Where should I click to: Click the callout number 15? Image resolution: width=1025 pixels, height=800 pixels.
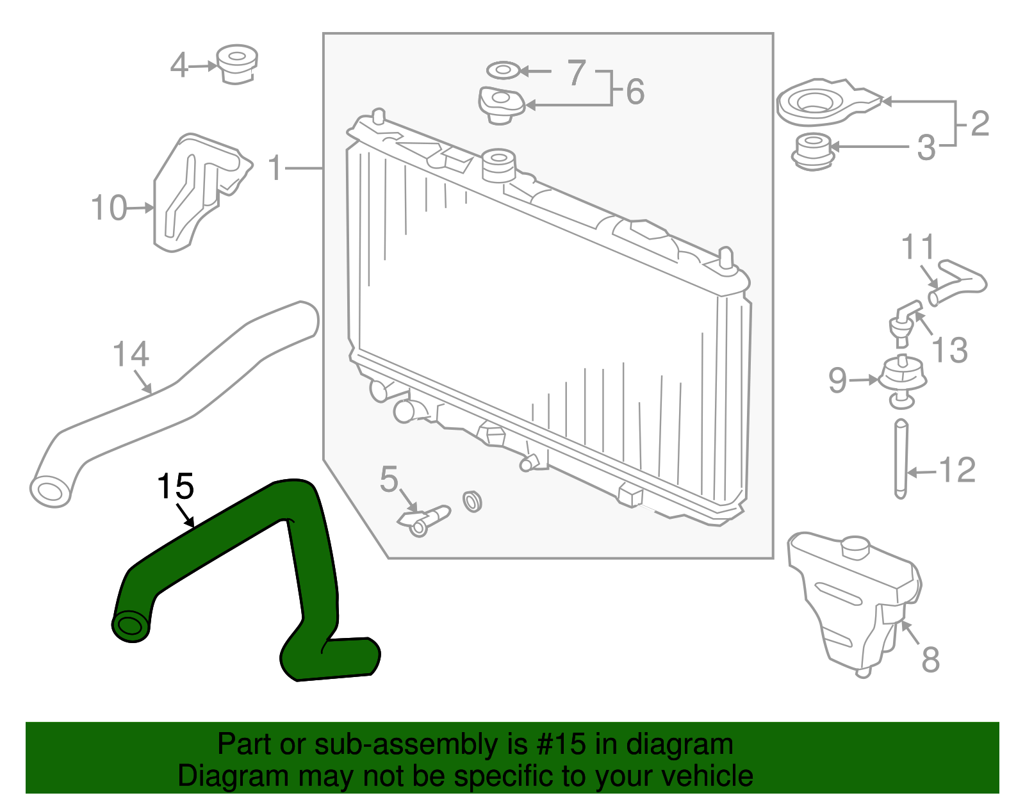point(175,487)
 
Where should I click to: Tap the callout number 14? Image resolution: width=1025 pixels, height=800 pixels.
point(131,354)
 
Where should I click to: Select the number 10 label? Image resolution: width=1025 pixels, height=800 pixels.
point(108,208)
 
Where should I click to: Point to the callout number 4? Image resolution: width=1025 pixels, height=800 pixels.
point(179,65)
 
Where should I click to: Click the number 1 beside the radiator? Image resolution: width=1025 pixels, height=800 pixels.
point(275,168)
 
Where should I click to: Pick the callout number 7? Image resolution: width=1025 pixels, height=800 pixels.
point(577,72)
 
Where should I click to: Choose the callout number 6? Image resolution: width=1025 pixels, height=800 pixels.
point(635,92)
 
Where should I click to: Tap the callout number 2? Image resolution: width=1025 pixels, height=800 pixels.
point(980,124)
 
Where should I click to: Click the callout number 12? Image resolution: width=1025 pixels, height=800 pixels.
point(956,471)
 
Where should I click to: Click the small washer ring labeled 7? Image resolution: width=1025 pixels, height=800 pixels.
point(504,69)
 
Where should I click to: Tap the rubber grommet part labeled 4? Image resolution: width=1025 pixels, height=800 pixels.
point(237,63)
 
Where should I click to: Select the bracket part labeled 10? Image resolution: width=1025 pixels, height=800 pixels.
point(195,191)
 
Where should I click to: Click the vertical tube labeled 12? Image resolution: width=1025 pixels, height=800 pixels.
point(901,458)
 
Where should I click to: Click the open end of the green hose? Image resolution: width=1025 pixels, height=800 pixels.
point(131,626)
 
